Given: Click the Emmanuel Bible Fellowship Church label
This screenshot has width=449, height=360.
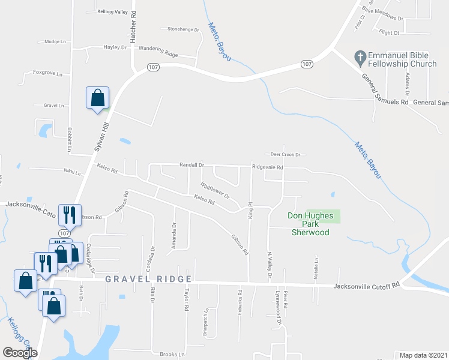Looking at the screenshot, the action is pos(403,59).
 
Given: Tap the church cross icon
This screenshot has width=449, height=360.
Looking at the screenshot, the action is pos(360,57).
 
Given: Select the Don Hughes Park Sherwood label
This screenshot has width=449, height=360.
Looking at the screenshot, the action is pos(310,224).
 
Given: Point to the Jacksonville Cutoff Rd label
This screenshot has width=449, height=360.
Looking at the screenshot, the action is pos(366,286).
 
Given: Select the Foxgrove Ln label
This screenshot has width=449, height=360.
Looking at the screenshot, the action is pos(48,73).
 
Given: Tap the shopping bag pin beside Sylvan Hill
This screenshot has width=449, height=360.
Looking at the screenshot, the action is pos(98,98).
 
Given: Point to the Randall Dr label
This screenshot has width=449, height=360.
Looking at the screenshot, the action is pos(192,164).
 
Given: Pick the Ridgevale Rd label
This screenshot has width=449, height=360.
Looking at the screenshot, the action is pos(267,167).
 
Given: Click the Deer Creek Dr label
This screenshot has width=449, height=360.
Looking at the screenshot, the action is pos(285,154).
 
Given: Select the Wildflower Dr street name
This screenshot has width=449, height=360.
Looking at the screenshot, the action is pos(215,191).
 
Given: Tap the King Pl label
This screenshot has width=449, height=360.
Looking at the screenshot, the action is pos(250,213).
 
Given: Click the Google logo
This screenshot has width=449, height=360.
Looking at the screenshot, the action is pos(20,353).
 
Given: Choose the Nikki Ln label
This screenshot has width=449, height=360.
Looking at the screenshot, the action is pos(72,172).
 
